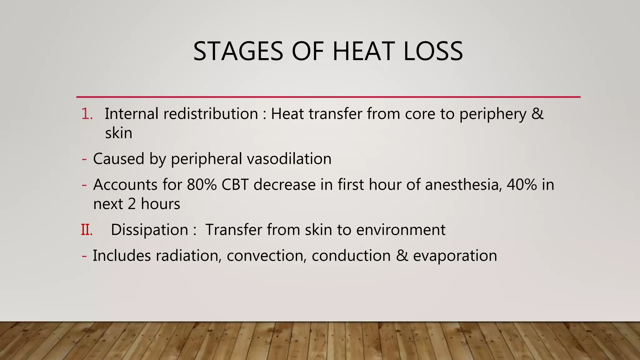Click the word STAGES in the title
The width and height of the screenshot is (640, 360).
point(238,51)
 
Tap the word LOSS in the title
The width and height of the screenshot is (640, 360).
point(433,51)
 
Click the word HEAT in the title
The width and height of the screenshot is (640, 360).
point(363,51)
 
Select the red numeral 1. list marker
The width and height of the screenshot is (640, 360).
point(87,114)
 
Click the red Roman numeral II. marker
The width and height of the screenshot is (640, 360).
point(87,230)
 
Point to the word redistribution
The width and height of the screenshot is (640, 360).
point(211,114)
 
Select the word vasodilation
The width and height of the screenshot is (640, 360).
point(289,159)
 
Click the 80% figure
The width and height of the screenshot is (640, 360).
point(202,185)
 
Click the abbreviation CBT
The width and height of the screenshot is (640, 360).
point(235,185)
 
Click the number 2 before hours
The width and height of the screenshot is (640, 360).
point(132,204)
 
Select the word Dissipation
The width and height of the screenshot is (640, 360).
point(149,230)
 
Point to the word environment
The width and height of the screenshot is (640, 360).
point(401,230)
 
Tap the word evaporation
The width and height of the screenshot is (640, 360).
point(455,256)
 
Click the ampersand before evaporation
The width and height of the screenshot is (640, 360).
point(402,256)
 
